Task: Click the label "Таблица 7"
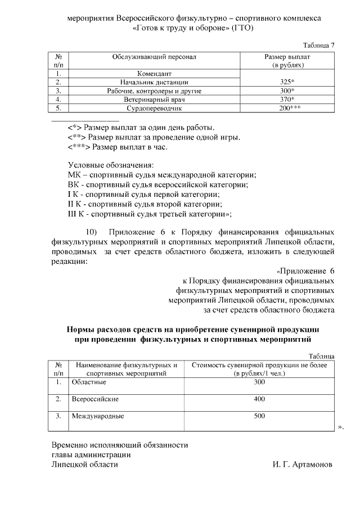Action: click(319, 45)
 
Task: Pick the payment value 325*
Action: click(287, 82)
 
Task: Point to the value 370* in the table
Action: click(287, 99)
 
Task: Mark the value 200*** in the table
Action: click(287, 107)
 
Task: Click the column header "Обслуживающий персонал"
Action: click(154, 57)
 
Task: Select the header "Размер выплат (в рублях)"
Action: click(287, 61)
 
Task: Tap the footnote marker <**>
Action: click(77, 137)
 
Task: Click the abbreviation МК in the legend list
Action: click(74, 175)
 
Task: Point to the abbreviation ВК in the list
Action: click(74, 184)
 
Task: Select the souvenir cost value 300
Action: click(259, 382)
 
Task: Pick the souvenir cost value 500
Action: click(259, 417)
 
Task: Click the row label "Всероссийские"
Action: click(94, 399)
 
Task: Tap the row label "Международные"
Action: click(97, 417)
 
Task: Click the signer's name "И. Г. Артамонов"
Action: click(302, 465)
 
